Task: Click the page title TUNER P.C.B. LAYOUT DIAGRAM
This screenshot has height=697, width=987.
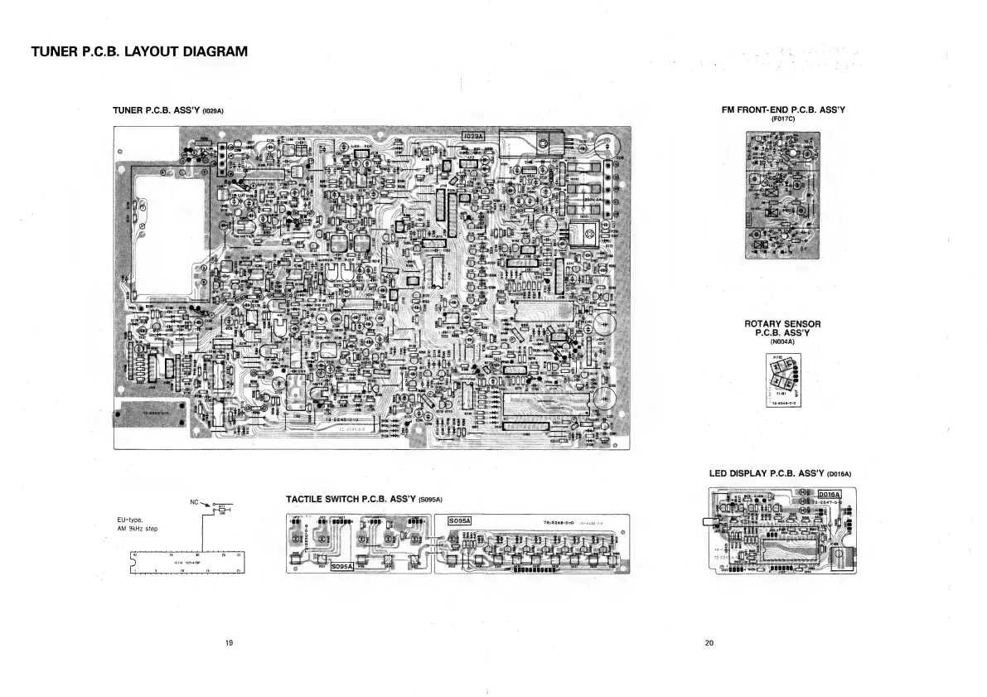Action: [139, 52]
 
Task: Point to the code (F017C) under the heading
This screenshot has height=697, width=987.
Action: [783, 119]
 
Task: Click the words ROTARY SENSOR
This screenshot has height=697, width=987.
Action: [783, 324]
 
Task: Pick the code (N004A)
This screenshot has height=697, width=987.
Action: [782, 341]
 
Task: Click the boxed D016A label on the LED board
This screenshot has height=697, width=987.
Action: [830, 495]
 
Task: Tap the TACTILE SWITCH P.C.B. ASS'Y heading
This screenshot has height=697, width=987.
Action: [352, 500]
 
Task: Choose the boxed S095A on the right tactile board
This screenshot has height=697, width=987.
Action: [459, 520]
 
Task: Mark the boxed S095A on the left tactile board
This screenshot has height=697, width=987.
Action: [342, 568]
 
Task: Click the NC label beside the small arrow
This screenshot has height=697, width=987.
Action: [195, 502]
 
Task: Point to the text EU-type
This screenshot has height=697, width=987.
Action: [131, 520]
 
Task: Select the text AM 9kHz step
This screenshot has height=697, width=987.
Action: [137, 529]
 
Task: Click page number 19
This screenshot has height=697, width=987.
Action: [229, 643]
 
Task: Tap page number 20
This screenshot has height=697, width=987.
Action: [709, 643]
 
